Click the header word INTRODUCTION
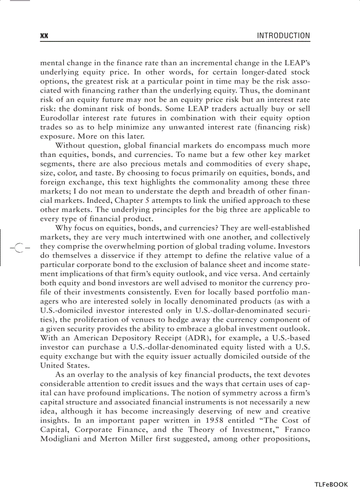(283, 36)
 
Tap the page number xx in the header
(44, 36)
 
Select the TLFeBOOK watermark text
(331, 484)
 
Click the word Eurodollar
(59, 118)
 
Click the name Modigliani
(61, 439)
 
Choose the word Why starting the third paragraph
(63, 228)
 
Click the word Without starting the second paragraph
(71, 145)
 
